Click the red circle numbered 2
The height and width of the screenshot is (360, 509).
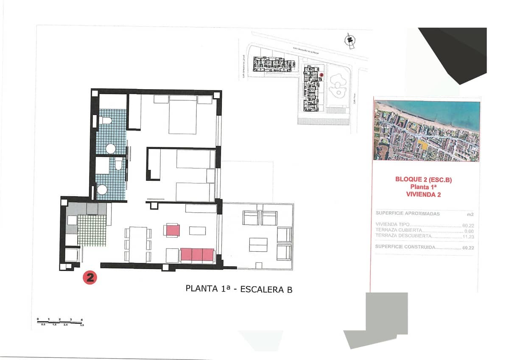(x=90, y=278)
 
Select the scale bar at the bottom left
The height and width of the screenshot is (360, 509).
(x=60, y=322)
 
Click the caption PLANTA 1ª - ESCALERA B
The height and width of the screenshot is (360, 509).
(x=239, y=289)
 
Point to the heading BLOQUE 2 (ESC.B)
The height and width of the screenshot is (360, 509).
(x=423, y=180)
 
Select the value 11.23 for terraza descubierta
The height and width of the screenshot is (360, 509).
(x=468, y=236)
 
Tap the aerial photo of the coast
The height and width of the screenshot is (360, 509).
(x=426, y=131)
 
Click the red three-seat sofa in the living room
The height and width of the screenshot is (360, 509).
(x=197, y=255)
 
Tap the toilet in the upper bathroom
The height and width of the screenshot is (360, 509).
(x=106, y=120)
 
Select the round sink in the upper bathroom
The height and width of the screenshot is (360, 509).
(x=111, y=149)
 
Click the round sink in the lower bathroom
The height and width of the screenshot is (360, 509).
(x=102, y=190)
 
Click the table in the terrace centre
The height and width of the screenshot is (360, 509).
(x=258, y=244)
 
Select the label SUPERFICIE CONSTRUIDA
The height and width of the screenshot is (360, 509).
(x=406, y=247)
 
